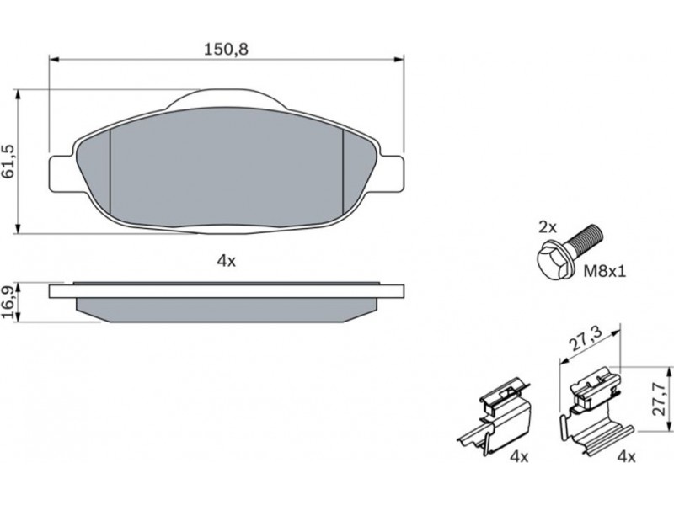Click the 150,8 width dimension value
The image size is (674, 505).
226,50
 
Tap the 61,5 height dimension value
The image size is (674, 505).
8,162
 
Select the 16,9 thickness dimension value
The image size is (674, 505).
8,303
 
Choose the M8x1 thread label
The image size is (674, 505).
604,271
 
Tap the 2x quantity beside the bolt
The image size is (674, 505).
548,227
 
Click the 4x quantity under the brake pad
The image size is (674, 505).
226,261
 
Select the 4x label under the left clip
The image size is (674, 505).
519,456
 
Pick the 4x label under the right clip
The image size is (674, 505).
626,456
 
